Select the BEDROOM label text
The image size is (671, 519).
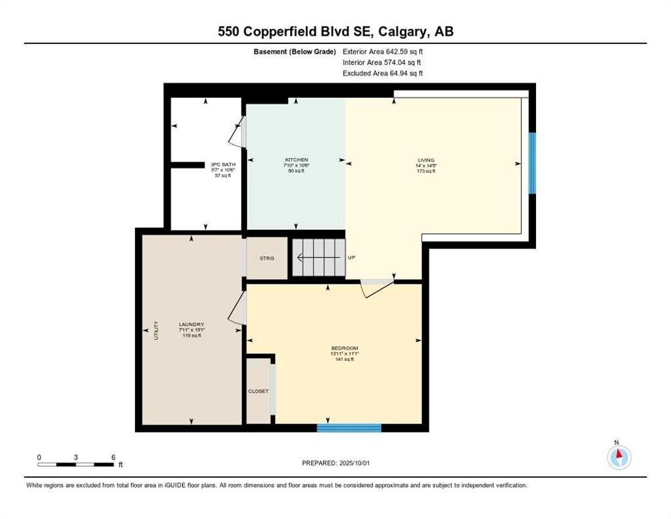[344, 348]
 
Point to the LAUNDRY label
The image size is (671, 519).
[191, 324]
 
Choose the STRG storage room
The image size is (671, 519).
[267, 257]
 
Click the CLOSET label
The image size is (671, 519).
[259, 391]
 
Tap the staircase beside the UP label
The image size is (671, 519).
[318, 257]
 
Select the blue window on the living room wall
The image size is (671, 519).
[532, 163]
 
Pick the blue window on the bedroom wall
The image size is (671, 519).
[349, 428]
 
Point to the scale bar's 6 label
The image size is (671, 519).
[113, 457]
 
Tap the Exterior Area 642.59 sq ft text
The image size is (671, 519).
[383, 51]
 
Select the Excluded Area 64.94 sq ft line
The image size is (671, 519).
[383, 73]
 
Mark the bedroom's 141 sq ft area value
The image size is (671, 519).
[344, 360]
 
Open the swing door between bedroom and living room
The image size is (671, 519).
[377, 287]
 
